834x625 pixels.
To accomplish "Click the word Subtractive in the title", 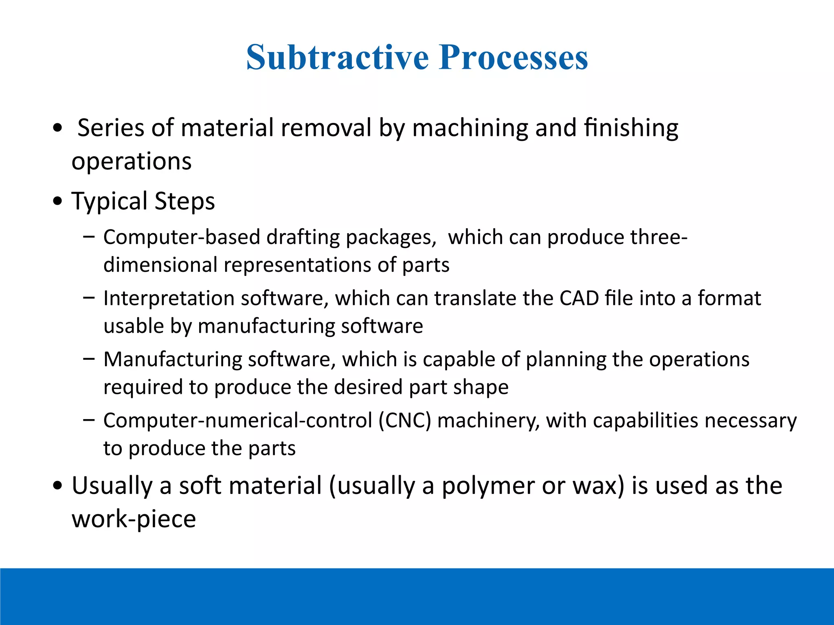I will [x=337, y=57].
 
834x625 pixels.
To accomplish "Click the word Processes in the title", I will [x=514, y=57].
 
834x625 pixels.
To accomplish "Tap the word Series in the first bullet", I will [x=111, y=128].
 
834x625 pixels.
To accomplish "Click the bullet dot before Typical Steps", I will [x=58, y=201].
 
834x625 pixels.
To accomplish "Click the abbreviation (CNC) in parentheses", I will [x=404, y=420].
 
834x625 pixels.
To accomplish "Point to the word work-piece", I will [x=134, y=520].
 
